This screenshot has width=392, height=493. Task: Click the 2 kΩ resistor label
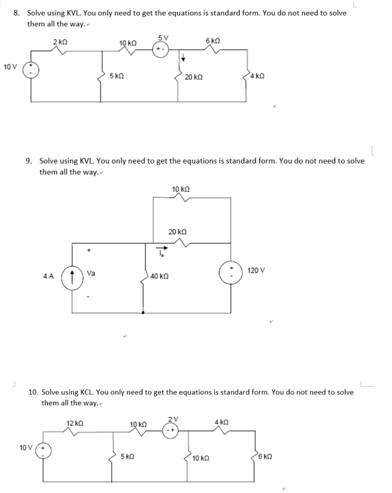pyautogui.click(x=60, y=42)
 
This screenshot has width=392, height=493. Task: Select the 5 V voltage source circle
pyautogui.click(x=161, y=50)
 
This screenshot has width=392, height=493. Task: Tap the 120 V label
pyautogui.click(x=256, y=271)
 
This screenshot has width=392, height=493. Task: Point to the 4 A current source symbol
pyautogui.click(x=72, y=277)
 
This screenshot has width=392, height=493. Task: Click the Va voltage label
pyautogui.click(x=91, y=273)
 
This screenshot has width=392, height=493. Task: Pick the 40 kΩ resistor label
pyautogui.click(x=159, y=276)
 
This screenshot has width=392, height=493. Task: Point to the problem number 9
pyautogui.click(x=28, y=160)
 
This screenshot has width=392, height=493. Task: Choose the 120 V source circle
pyautogui.click(x=230, y=272)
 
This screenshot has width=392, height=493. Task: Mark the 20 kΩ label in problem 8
pyautogui.click(x=194, y=77)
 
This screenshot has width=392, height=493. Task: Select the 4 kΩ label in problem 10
pyautogui.click(x=222, y=422)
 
